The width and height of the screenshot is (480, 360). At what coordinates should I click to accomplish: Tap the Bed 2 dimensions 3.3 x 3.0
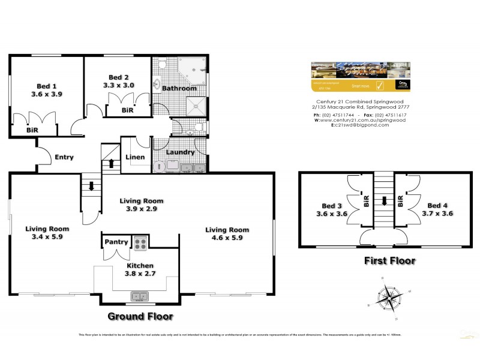119,85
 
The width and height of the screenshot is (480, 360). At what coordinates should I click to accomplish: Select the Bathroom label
179,88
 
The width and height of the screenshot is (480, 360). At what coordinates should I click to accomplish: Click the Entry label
64,157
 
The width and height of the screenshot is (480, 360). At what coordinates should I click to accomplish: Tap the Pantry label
116,242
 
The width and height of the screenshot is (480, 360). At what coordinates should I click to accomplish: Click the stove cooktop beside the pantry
139,244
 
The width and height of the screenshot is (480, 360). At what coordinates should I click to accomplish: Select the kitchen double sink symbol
140,296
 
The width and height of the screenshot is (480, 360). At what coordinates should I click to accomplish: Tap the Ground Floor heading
140,316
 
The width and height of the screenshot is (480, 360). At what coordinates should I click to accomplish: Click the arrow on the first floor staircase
382,202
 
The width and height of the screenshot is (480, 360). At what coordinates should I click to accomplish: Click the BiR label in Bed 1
32,130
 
